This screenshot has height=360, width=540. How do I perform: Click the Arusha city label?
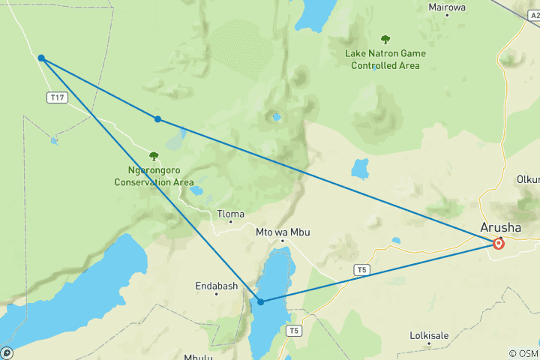pos(501,228)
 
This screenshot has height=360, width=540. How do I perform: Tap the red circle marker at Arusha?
pos(499,243)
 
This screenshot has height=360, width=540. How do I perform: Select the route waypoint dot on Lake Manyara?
pos(261,301)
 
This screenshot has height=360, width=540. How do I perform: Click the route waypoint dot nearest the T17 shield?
pos(41,58)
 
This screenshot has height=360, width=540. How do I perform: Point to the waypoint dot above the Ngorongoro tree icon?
pos(157,119)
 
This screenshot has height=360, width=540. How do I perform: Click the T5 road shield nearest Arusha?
pos(363,269)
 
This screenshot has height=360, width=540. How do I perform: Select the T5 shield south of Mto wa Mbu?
pos(295,330)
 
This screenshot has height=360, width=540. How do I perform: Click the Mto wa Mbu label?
pos(283,232)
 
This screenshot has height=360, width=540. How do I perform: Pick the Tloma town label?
pos(230,214)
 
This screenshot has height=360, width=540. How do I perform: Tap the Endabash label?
pos(216,285)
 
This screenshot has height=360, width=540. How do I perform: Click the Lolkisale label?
pos(430,335)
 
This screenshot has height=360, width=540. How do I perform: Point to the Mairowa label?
pos(447,7)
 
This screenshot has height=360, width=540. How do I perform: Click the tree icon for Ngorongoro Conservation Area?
pos(154,156)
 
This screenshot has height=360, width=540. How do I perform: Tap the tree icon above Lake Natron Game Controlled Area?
pos(385,40)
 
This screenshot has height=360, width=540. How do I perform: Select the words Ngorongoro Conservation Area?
pos(154,176)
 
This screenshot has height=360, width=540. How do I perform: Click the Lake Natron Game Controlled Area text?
pos(385,59)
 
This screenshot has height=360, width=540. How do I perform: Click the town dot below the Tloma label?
pos(230,223)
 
